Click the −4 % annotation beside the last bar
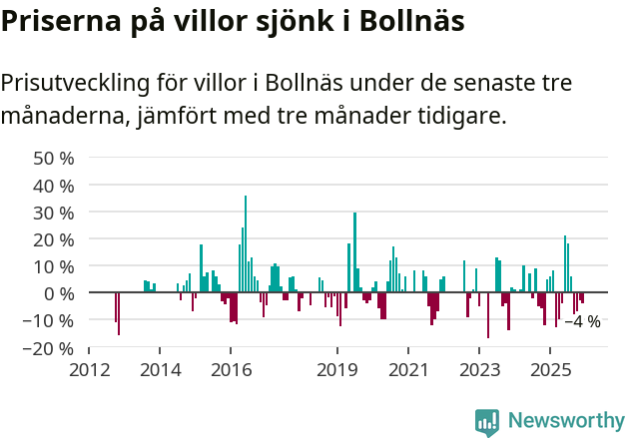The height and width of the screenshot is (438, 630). click(x=582, y=321)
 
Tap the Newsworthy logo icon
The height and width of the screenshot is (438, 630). click(x=487, y=422)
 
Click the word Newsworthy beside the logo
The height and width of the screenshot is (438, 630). click(x=565, y=421)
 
